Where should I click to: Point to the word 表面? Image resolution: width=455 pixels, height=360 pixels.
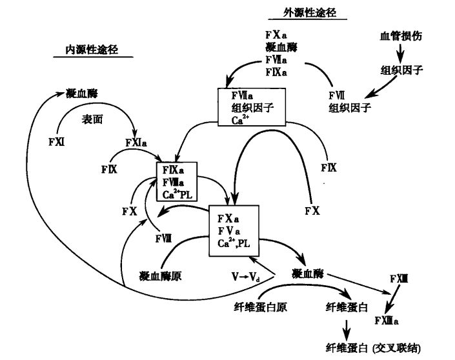coord(93,120)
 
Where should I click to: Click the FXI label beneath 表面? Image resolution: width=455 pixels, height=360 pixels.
coord(56,140)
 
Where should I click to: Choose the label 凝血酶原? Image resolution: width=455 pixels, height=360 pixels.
coord(159,275)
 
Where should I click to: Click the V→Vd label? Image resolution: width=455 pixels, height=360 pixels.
coord(247,275)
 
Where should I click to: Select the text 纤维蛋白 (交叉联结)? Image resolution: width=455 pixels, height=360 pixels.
coord(376,346)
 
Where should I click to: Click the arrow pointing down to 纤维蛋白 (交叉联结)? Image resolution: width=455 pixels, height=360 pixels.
coord(347,327)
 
